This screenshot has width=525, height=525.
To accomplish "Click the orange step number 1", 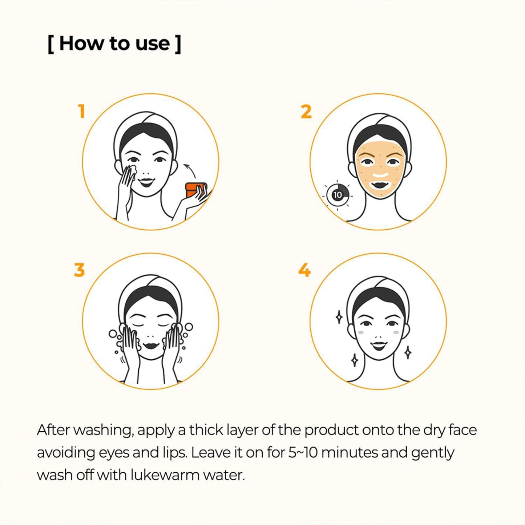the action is pyautogui.click(x=81, y=112).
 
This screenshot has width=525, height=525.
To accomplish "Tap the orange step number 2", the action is pyautogui.click(x=306, y=112).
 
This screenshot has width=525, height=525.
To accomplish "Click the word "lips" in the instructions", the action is pyautogui.click(x=173, y=454).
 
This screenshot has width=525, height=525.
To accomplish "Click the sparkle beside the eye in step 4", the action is pyautogui.click(x=339, y=318).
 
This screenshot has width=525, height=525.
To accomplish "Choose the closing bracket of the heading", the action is pyautogui.click(x=178, y=44).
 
